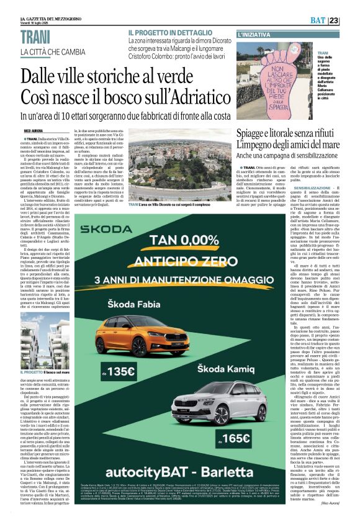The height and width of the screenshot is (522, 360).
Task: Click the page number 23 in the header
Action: click(x=351, y=20)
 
